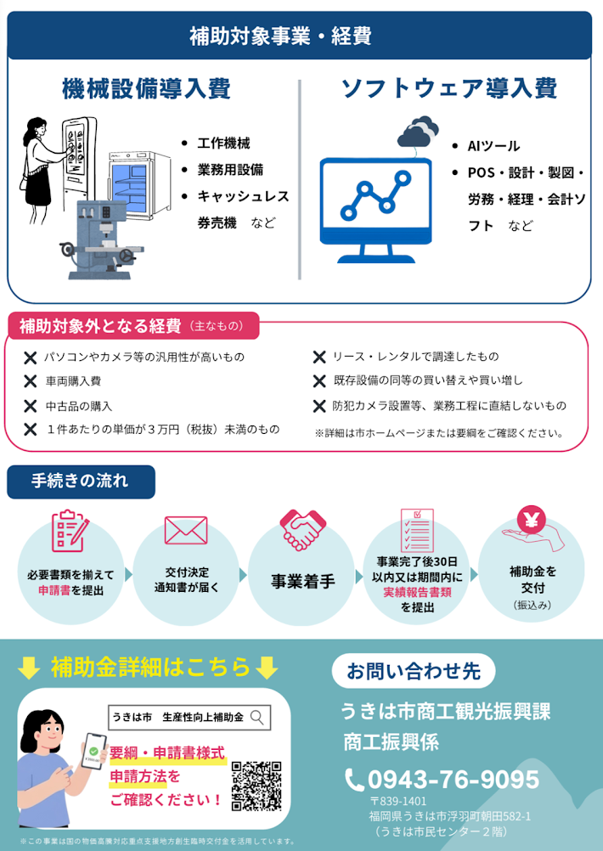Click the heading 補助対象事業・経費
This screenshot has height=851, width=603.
(x=280, y=37)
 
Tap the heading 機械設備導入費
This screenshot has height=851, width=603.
(x=146, y=89)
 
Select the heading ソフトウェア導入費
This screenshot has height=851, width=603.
(x=449, y=89)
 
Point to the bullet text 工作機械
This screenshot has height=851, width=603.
(x=223, y=144)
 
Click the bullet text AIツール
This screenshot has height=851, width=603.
(x=493, y=146)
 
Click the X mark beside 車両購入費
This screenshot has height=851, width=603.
(x=31, y=381)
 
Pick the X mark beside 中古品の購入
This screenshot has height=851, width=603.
(x=31, y=406)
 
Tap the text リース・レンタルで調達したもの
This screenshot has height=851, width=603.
(x=415, y=357)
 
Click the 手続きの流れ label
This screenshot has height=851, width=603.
(x=81, y=482)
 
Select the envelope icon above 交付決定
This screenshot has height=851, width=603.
(x=186, y=530)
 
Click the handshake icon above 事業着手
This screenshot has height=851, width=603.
(x=302, y=530)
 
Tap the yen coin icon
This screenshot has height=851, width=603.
(x=532, y=520)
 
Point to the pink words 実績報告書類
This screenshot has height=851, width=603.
(x=417, y=592)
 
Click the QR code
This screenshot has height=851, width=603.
(x=256, y=786)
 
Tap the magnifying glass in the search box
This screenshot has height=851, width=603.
(x=257, y=718)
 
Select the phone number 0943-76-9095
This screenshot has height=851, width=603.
(x=454, y=780)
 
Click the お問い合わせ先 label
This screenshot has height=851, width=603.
(x=414, y=671)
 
